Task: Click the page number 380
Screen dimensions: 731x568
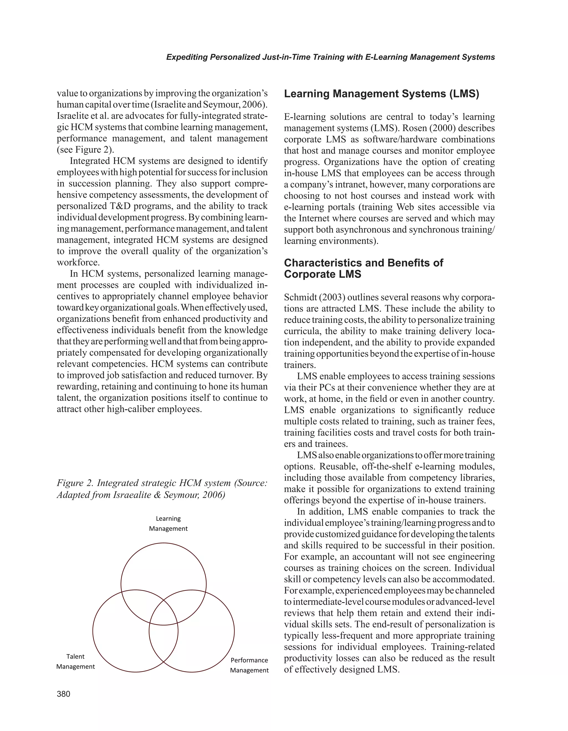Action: [64, 694]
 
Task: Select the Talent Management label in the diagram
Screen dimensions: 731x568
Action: [75, 661]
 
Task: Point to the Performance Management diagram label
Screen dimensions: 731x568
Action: [249, 665]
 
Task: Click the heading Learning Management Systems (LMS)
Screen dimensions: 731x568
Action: [381, 94]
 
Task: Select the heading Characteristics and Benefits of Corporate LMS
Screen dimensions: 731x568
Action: [363, 268]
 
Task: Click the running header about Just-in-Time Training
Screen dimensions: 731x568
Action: [330, 57]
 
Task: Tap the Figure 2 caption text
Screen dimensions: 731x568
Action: [162, 489]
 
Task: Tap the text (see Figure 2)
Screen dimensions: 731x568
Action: [86, 150]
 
